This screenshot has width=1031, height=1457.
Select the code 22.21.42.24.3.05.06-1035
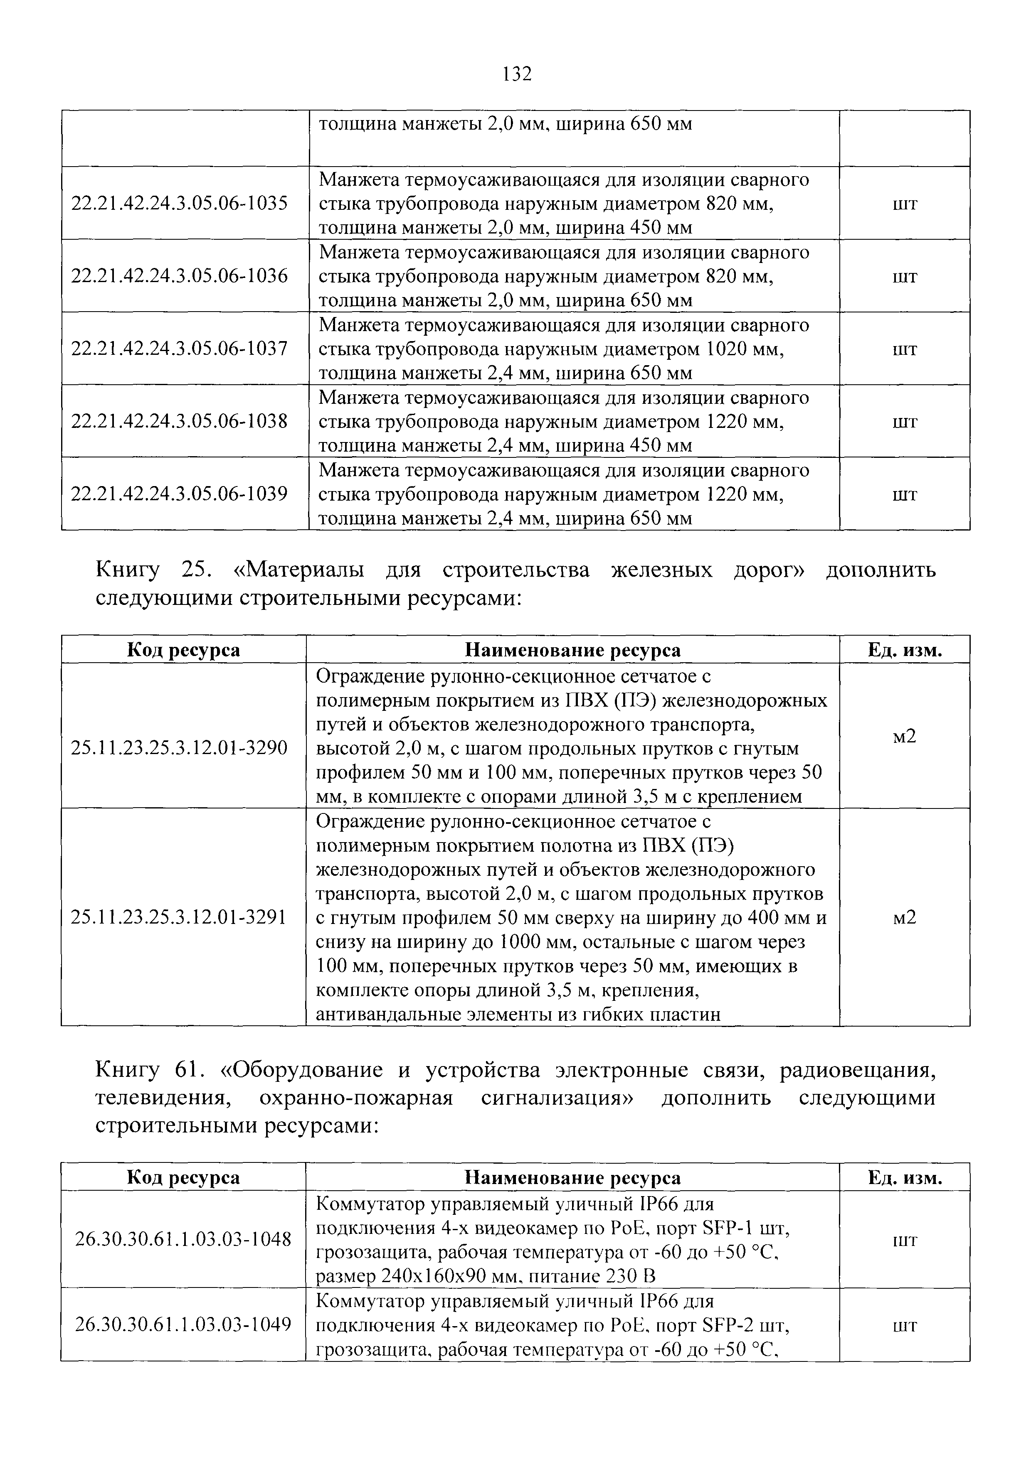[179, 204]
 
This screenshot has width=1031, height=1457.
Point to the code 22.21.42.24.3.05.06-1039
[179, 494]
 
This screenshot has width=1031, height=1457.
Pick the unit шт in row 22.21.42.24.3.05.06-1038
[904, 421]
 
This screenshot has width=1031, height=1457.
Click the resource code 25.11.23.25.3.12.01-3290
[179, 749]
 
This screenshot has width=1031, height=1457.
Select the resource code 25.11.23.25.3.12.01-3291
[179, 918]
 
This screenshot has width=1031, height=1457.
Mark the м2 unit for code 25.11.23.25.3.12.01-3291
[904, 918]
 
